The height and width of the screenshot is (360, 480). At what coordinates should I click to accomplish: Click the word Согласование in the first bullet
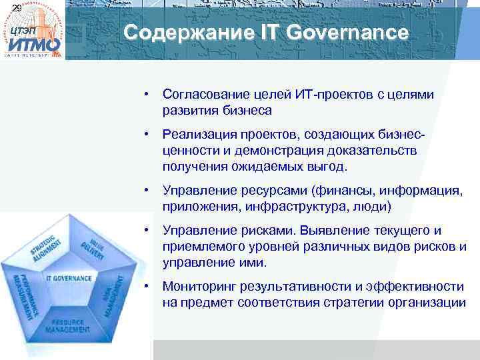coord(201,95)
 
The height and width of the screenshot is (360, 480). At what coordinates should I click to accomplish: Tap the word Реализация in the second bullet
coord(195,137)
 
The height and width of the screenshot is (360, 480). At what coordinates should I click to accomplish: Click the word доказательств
coord(379,151)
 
